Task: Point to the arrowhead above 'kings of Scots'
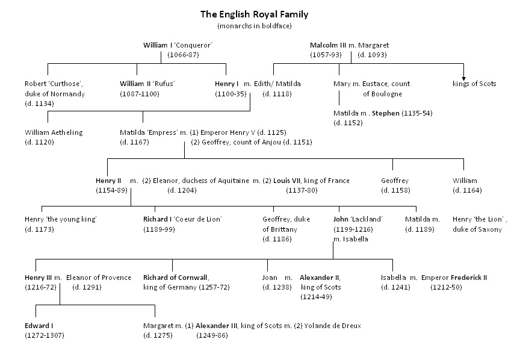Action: [x=463, y=76]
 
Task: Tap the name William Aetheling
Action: [x=54, y=132]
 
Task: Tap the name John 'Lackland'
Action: [x=358, y=219]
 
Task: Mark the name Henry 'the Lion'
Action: [x=478, y=219]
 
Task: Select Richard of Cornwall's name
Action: [x=175, y=278]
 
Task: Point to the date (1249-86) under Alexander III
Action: [x=211, y=335]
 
